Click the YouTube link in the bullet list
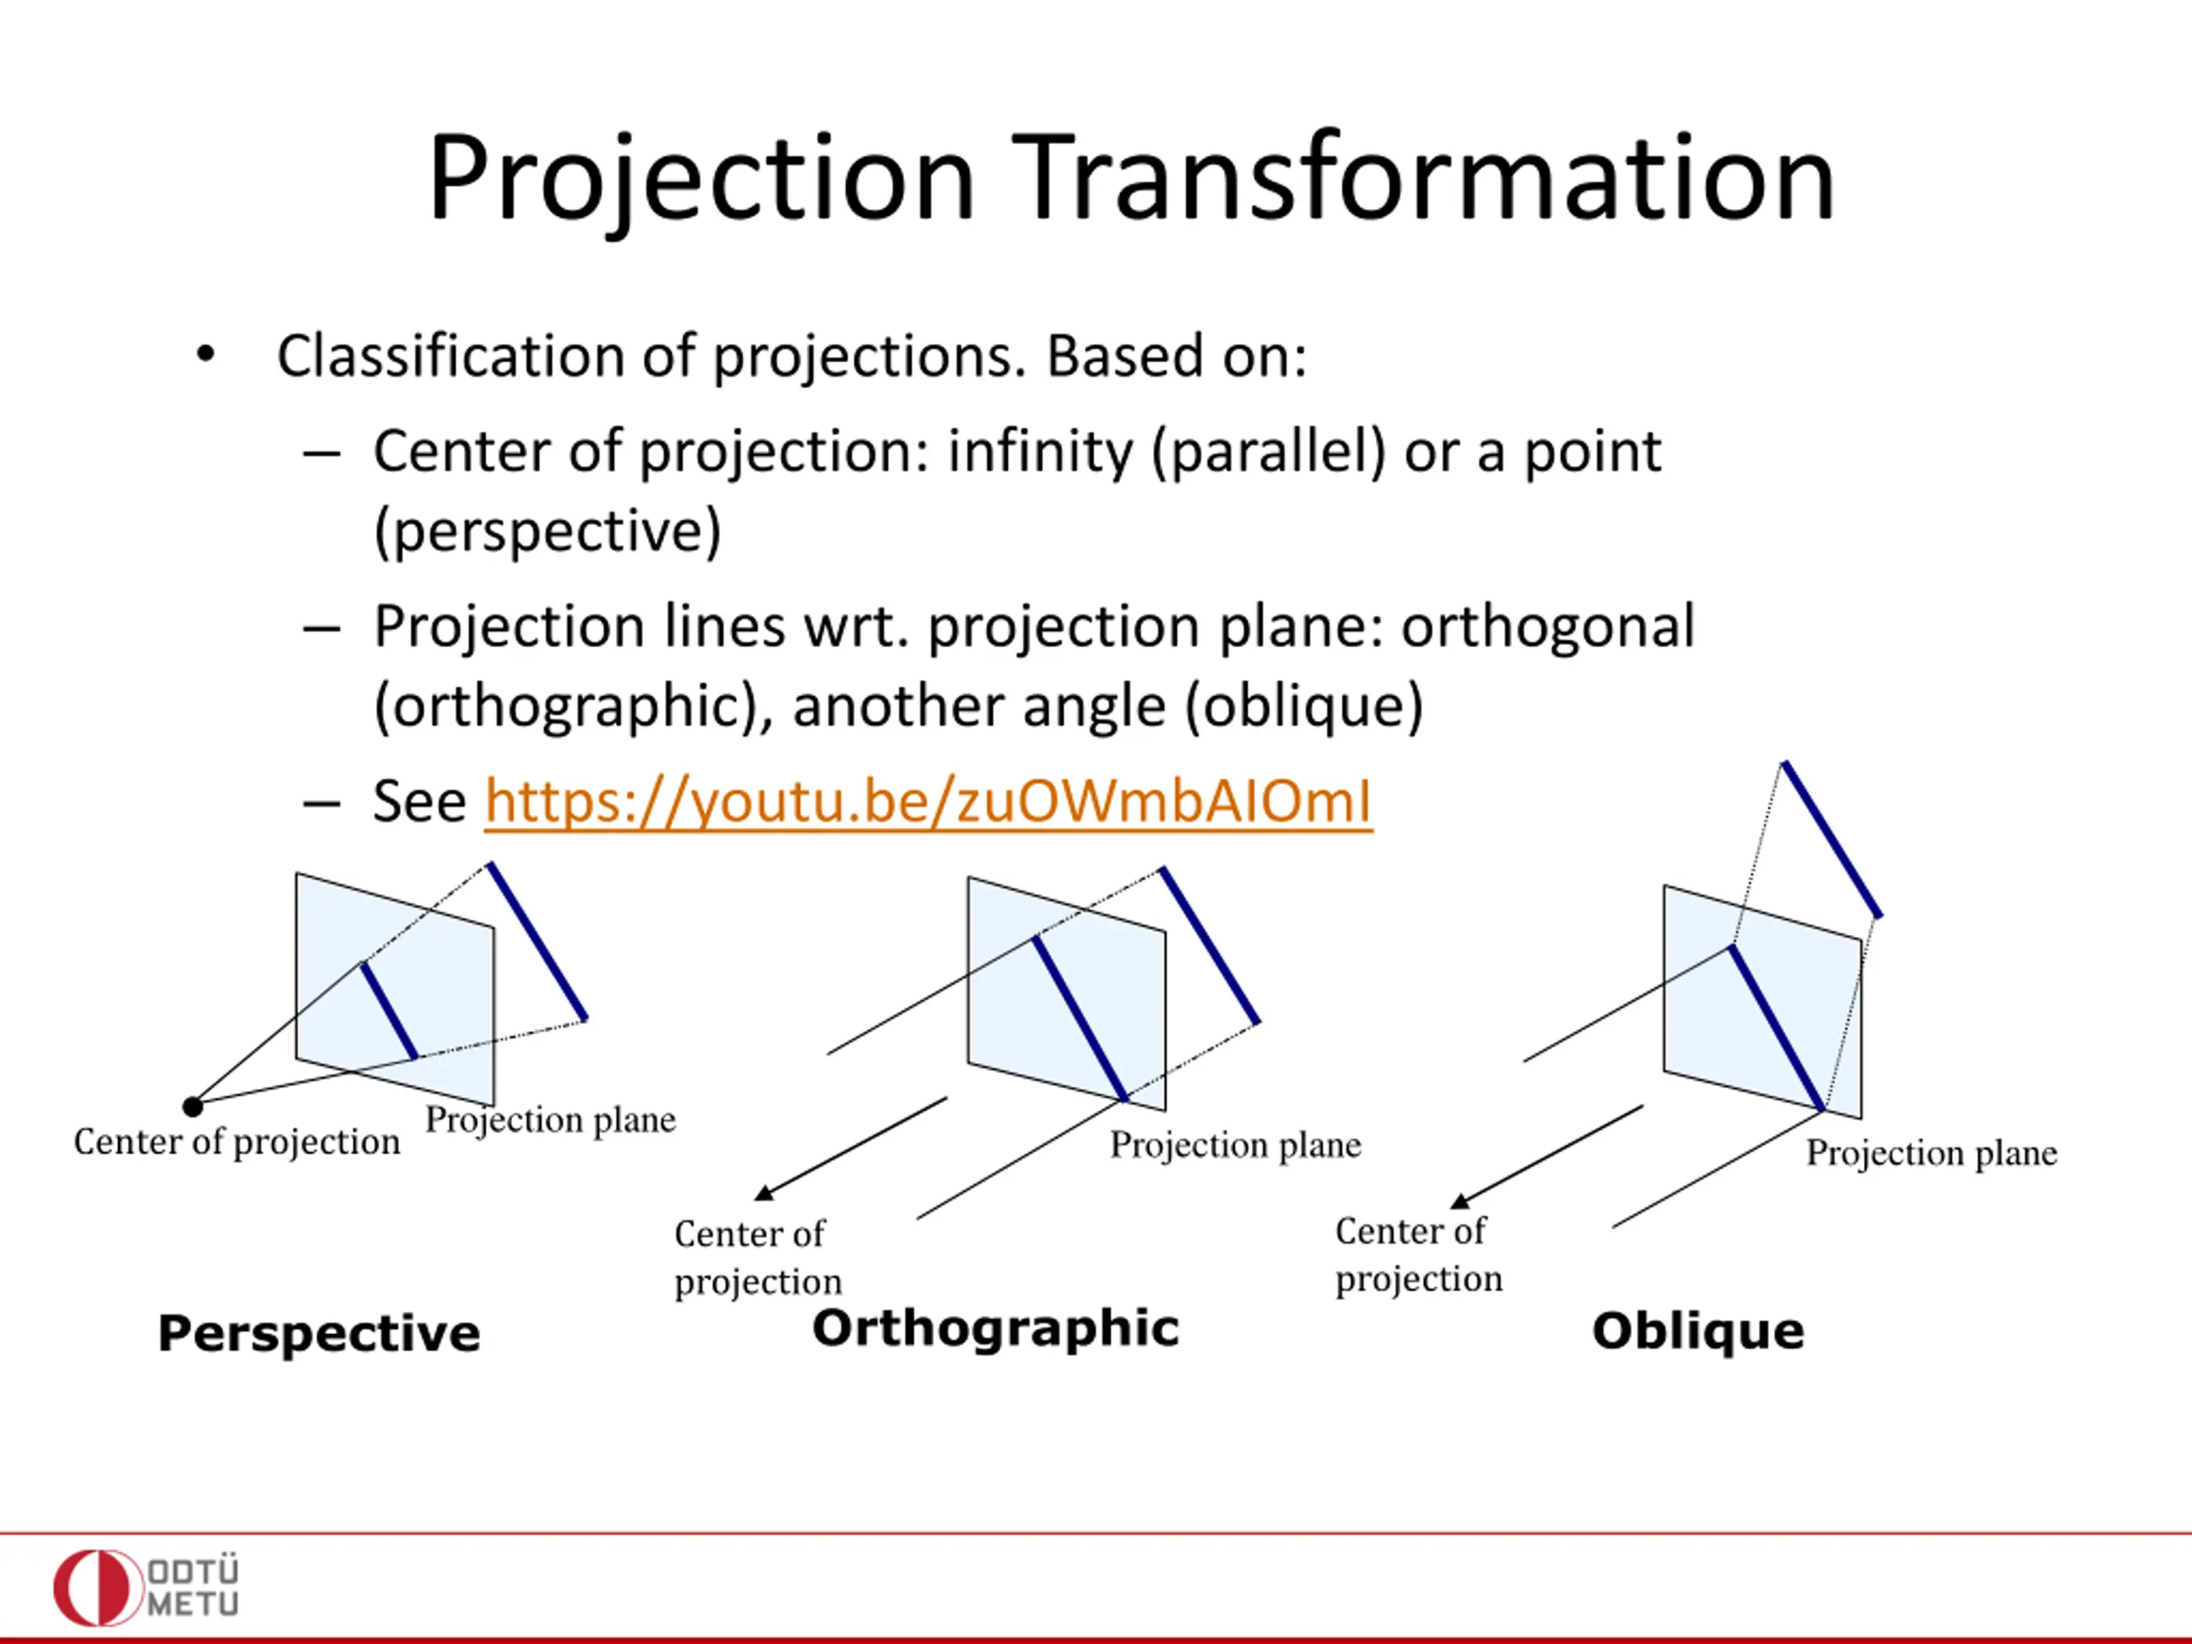(928, 801)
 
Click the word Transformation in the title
(1423, 178)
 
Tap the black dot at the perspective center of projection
(194, 1106)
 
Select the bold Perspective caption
(319, 1334)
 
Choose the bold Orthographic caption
(996, 1328)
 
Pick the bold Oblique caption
(1699, 1331)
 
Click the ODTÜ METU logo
(146, 1587)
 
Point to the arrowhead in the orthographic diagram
(764, 1191)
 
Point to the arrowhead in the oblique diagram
(1461, 1200)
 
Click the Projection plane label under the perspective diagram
(551, 1121)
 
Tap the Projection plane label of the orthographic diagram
(1236, 1146)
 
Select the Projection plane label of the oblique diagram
(1932, 1153)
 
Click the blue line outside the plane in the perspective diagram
(537, 941)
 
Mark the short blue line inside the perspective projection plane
(390, 1010)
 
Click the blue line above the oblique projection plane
(1832, 839)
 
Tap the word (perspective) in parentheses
(547, 532)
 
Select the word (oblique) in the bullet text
(1304, 706)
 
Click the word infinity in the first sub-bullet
(1039, 453)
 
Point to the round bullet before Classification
(205, 354)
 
